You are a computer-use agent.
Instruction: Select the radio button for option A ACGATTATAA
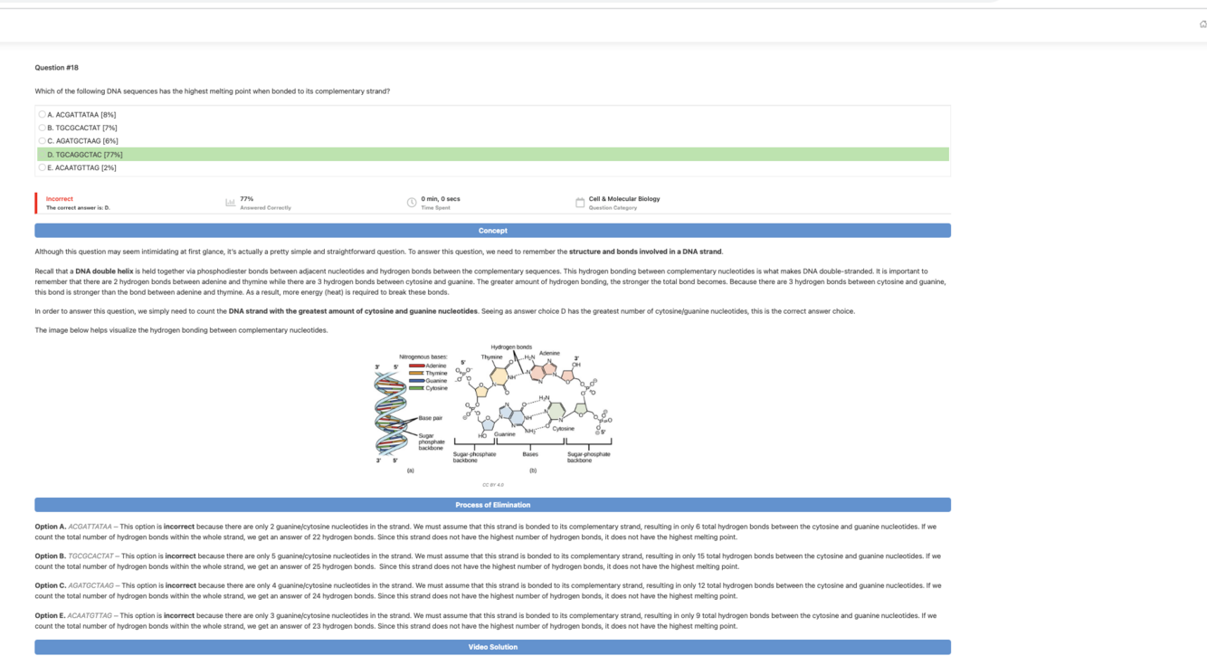43,115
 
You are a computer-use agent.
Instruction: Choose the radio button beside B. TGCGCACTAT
43,128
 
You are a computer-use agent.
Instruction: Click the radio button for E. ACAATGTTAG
43,167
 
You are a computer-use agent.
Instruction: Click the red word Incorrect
60,199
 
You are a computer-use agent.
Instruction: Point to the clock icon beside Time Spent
412,203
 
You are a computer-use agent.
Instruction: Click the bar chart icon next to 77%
230,203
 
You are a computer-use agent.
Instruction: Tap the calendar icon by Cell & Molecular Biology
580,203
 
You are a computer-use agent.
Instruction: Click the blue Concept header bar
492,231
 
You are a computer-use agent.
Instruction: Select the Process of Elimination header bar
492,505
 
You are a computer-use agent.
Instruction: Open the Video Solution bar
492,647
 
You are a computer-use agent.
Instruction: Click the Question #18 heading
57,68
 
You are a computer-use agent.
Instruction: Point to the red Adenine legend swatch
416,366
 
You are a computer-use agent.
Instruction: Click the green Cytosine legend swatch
416,388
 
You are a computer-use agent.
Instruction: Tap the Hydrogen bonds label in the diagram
511,347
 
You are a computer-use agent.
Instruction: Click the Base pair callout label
431,418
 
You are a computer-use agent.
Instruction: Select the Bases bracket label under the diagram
530,454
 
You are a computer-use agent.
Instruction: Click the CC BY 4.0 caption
493,485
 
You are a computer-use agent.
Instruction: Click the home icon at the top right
1202,24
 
